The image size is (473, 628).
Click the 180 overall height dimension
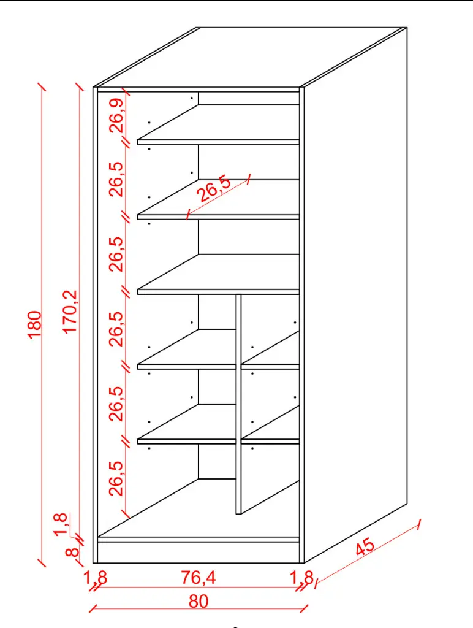[x=35, y=324]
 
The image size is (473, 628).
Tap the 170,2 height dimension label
[x=70, y=312]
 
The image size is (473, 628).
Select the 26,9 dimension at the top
[x=117, y=116]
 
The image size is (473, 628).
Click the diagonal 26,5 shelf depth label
[x=214, y=189]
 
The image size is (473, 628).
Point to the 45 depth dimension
[x=365, y=547]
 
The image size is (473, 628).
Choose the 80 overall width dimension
[x=199, y=601]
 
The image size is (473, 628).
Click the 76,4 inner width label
[x=199, y=578]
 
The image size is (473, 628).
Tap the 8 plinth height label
[x=72, y=551]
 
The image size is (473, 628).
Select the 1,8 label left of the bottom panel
[x=60, y=524]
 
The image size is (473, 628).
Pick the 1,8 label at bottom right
[x=301, y=578]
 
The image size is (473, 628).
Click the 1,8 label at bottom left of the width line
[x=95, y=578]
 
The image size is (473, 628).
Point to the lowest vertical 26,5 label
[x=116, y=478]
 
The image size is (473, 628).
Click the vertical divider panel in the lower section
[x=239, y=405]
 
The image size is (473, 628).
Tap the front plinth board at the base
[x=199, y=553]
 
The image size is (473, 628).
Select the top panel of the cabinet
[x=251, y=57]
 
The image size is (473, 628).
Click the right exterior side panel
[x=356, y=295]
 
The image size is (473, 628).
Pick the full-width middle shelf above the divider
[x=219, y=274]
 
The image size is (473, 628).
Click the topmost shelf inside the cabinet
[x=219, y=124]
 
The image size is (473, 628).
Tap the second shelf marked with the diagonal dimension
[x=219, y=199]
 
